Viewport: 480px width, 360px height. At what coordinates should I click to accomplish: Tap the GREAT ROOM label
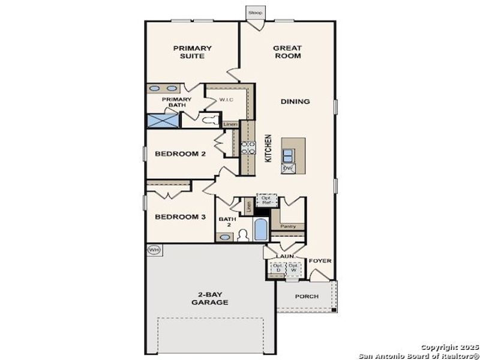click(287, 52)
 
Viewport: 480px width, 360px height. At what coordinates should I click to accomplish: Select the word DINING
click(295, 101)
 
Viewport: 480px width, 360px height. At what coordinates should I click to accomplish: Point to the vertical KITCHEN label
click(269, 148)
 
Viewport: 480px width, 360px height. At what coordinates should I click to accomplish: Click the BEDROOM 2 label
click(181, 154)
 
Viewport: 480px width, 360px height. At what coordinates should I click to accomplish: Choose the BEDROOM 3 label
click(181, 217)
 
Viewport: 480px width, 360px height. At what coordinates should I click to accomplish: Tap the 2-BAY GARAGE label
click(210, 298)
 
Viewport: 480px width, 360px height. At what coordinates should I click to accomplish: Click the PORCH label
click(306, 296)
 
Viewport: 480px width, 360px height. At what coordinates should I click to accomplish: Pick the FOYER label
click(320, 261)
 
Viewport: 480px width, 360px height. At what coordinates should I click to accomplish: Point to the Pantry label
click(288, 226)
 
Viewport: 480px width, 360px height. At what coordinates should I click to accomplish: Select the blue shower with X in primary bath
click(163, 120)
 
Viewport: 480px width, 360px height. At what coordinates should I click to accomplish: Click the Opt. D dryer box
click(278, 268)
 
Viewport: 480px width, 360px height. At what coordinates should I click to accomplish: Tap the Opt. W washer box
click(293, 268)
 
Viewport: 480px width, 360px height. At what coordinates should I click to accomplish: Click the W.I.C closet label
click(226, 100)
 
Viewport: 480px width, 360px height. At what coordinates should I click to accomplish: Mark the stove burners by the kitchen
click(248, 148)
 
